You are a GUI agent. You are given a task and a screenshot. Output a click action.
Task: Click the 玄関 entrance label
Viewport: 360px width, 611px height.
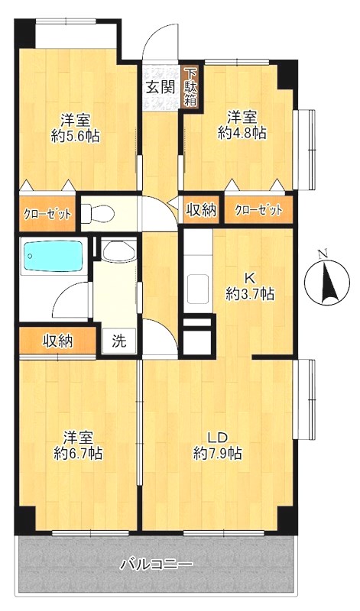coord(161,87)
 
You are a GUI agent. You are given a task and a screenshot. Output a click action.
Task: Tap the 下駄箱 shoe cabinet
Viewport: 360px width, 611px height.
coord(190,87)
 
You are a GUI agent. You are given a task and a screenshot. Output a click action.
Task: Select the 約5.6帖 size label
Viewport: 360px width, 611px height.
coord(75,137)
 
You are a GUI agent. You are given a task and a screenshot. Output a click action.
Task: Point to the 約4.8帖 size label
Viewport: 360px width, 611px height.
coord(242,133)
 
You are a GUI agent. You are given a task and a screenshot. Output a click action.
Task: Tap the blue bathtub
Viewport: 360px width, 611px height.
coord(54,256)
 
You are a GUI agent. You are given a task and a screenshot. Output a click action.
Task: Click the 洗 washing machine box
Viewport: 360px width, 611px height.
coord(119,341)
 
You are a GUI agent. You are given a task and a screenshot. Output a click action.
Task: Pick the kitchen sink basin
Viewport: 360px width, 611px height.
coord(198,289)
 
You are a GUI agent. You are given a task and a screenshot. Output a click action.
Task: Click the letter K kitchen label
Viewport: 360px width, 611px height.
coord(250,278)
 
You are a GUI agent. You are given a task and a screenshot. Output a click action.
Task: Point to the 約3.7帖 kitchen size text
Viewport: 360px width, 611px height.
coord(250,294)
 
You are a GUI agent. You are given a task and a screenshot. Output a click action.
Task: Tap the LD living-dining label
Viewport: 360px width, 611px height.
coord(217,438)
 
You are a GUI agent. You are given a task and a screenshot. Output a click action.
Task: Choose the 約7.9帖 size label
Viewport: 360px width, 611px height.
coord(218,454)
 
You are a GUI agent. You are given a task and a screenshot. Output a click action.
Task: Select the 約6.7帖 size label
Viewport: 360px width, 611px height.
coord(79,454)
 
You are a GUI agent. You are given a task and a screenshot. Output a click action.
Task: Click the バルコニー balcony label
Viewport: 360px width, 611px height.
coord(156,564)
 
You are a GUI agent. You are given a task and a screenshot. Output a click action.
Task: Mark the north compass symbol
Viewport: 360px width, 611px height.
coord(327,278)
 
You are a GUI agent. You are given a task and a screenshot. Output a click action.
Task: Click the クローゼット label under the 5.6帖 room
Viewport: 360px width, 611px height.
coord(48,214)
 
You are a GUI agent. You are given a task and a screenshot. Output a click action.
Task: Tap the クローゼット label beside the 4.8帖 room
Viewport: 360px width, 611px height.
coord(258,211)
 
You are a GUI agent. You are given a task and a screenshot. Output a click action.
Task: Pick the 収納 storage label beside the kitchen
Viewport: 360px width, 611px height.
coord(201,211)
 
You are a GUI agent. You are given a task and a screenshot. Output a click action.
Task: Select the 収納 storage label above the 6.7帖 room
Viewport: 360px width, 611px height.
coord(58,341)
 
